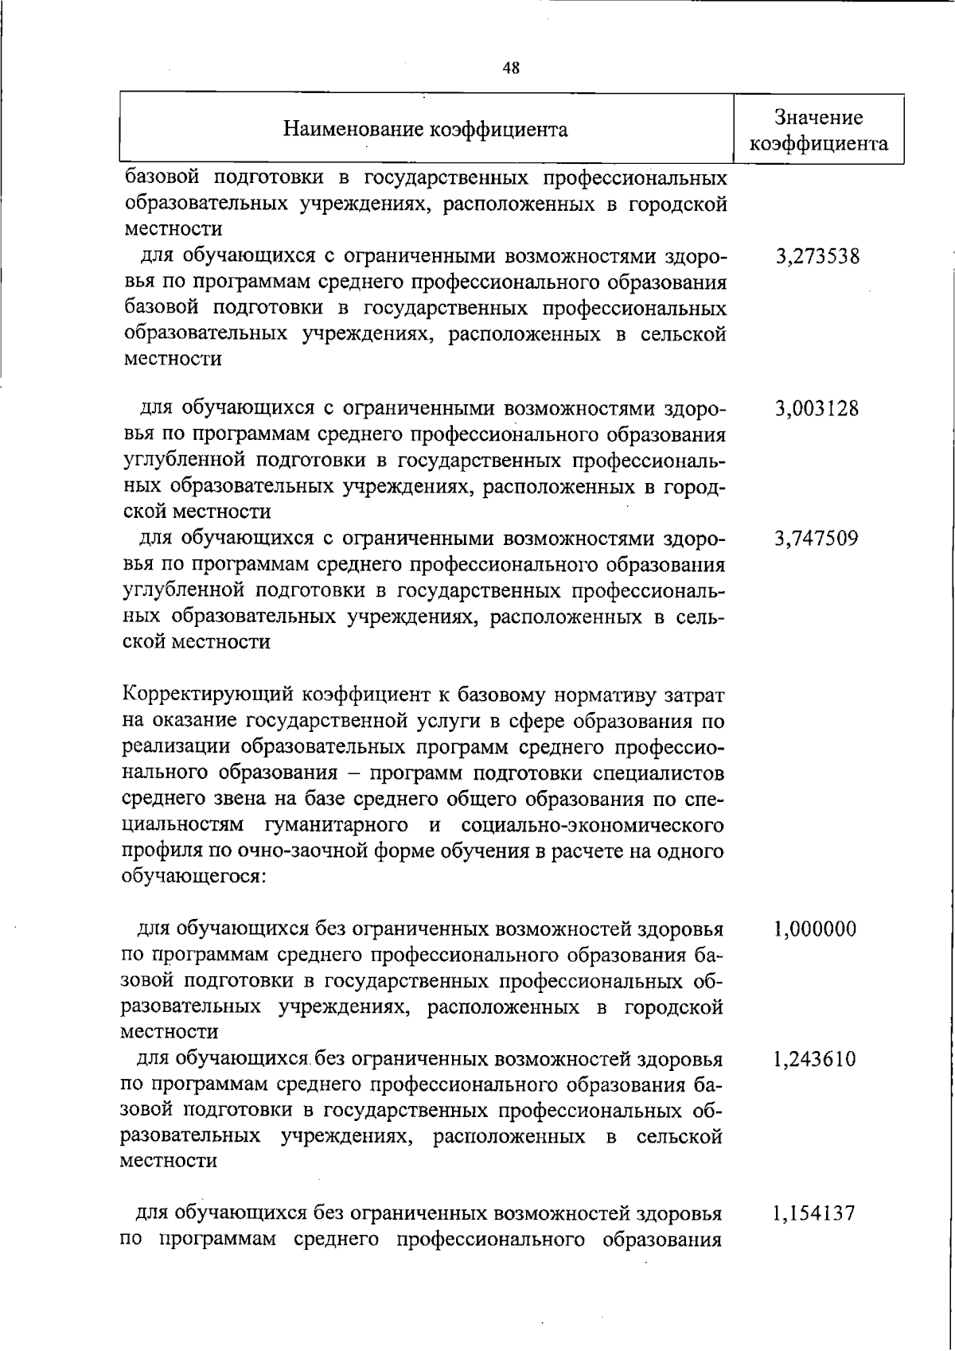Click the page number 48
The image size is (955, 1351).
[x=511, y=68]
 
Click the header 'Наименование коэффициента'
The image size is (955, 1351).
[x=426, y=130]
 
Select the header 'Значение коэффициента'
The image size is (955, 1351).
[x=819, y=130]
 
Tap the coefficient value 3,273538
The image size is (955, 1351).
[x=817, y=257]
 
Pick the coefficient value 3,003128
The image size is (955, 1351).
[x=817, y=409]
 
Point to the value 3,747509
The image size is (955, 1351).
[x=817, y=539]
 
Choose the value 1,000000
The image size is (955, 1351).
[x=815, y=929]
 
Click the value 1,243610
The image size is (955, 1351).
[x=815, y=1060]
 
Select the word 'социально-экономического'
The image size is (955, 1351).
[x=592, y=826]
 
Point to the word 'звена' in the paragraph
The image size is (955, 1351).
[x=236, y=800]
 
